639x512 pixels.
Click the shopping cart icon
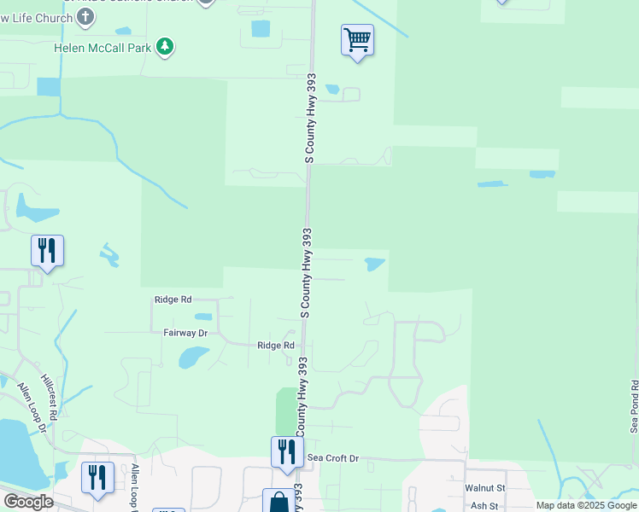coord(357,39)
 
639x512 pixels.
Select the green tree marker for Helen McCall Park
coord(165,47)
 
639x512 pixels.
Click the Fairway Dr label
coord(185,333)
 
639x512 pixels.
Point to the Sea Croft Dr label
coord(333,458)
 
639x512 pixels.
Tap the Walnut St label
coord(485,488)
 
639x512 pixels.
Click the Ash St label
coord(484,505)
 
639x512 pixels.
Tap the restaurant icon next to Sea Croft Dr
coord(287,451)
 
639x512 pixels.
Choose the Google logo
coord(28,502)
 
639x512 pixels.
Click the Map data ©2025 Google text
coord(586,505)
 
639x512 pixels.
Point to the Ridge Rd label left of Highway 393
coord(276,346)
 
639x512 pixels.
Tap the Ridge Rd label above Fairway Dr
coord(173,300)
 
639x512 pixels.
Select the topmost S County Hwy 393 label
coord(311,118)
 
